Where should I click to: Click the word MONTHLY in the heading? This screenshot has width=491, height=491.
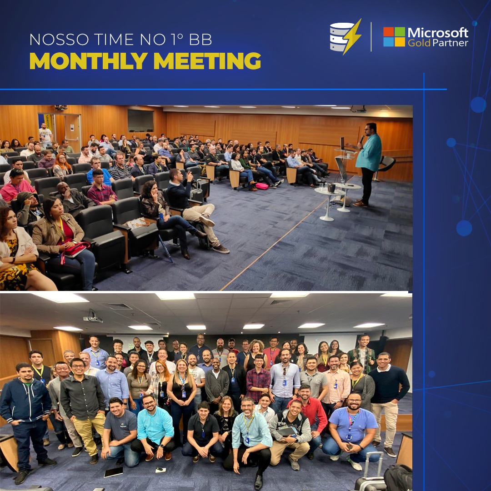[x=89, y=60]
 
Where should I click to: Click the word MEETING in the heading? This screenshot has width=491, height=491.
[x=207, y=60]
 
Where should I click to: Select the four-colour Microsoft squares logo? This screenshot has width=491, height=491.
[x=394, y=37]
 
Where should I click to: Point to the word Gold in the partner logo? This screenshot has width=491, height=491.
[x=419, y=43]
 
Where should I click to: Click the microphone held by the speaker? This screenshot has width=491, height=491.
[x=362, y=139]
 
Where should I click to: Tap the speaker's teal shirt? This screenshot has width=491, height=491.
[x=369, y=152]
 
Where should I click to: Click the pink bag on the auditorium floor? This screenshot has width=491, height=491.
[x=262, y=186]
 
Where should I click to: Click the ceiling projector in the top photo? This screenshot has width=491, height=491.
[x=358, y=109]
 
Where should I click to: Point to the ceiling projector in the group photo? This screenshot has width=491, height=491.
[x=93, y=316]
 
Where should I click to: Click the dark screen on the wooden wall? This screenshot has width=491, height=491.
[x=140, y=121]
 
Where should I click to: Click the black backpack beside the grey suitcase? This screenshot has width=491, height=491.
[x=398, y=478]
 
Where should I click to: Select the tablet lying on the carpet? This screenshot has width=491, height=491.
[x=113, y=472]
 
